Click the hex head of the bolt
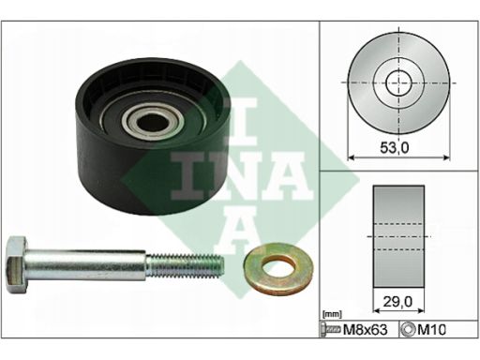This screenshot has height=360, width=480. [x=17, y=265]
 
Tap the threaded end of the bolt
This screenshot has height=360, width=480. [x=185, y=265]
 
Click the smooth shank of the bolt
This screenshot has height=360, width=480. [x=86, y=265]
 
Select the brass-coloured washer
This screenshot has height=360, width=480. [x=278, y=270]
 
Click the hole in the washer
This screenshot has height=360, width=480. [x=278, y=269]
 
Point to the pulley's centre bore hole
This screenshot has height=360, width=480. [x=153, y=121]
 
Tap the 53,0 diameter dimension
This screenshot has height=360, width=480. [x=395, y=147]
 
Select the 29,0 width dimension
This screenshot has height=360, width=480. [x=397, y=302]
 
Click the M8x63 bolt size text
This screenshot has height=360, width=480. [x=365, y=329]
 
